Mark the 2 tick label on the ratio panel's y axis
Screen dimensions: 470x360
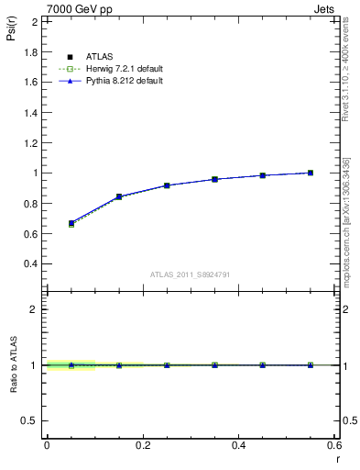tap(35, 309)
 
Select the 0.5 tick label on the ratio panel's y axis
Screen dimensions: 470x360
tap(31, 420)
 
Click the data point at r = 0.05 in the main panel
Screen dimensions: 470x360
tap(71, 223)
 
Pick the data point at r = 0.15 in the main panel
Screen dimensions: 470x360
tap(118, 196)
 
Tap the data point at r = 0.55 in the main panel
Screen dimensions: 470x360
tap(311, 173)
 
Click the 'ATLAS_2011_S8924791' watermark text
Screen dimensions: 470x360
tap(191, 274)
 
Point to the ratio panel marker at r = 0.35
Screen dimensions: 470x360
tap(214, 365)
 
